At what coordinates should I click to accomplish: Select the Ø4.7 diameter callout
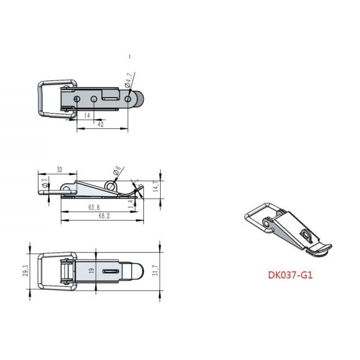pyautogui.click(x=129, y=80)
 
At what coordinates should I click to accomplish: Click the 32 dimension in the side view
pyautogui.click(x=59, y=170)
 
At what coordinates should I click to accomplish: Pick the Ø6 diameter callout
pyautogui.click(x=117, y=172)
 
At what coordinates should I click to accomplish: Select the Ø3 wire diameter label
pyautogui.click(x=44, y=182)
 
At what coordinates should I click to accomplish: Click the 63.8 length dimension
pyautogui.click(x=94, y=208)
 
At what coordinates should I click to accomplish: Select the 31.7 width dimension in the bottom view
pyautogui.click(x=158, y=272)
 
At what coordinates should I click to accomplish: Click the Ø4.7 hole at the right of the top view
pyautogui.click(x=128, y=99)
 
